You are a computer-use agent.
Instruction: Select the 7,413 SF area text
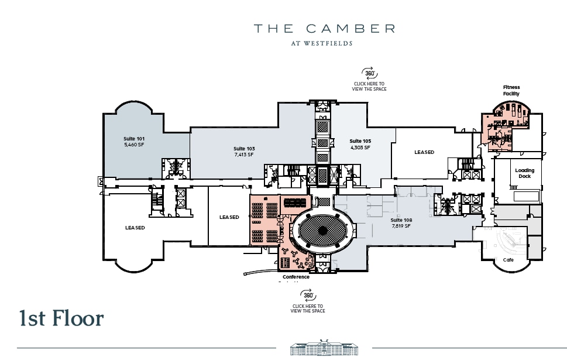[243, 155]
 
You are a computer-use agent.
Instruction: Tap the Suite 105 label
[360, 141]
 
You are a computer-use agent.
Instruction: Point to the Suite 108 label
[401, 220]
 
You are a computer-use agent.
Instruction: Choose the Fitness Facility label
[511, 90]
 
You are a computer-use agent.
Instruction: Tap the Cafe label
[508, 259]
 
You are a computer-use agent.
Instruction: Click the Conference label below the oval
[296, 277]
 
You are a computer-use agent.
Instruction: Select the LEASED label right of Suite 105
[424, 152]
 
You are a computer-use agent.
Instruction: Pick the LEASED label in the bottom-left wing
[135, 228]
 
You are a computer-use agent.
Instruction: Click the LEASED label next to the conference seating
[229, 217]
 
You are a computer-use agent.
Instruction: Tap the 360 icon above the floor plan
[369, 73]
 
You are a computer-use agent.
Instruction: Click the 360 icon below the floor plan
[308, 296]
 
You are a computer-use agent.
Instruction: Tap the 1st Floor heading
[61, 318]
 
